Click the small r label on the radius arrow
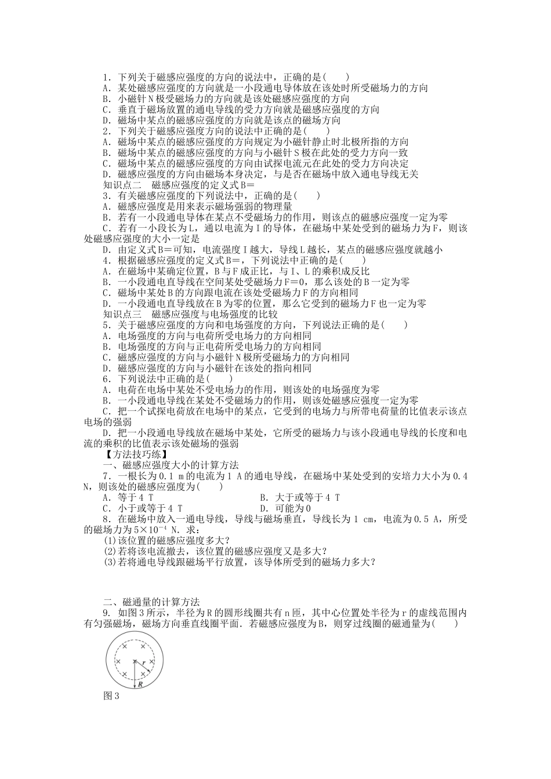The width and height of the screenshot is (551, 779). click(144, 662)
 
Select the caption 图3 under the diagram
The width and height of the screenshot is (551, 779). click(110, 696)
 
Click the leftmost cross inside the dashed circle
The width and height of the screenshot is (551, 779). click(118, 661)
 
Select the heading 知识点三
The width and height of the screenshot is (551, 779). click(122, 314)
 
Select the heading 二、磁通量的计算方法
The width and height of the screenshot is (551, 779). click(151, 602)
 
